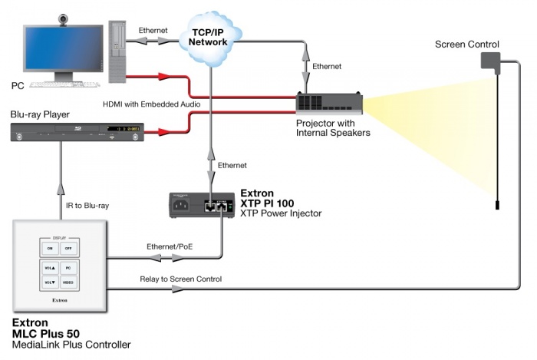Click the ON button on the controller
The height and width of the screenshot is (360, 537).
click(50, 249)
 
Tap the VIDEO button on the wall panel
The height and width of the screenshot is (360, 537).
click(68, 282)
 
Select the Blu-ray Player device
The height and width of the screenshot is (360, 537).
click(77, 132)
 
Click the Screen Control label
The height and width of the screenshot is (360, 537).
click(466, 45)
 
